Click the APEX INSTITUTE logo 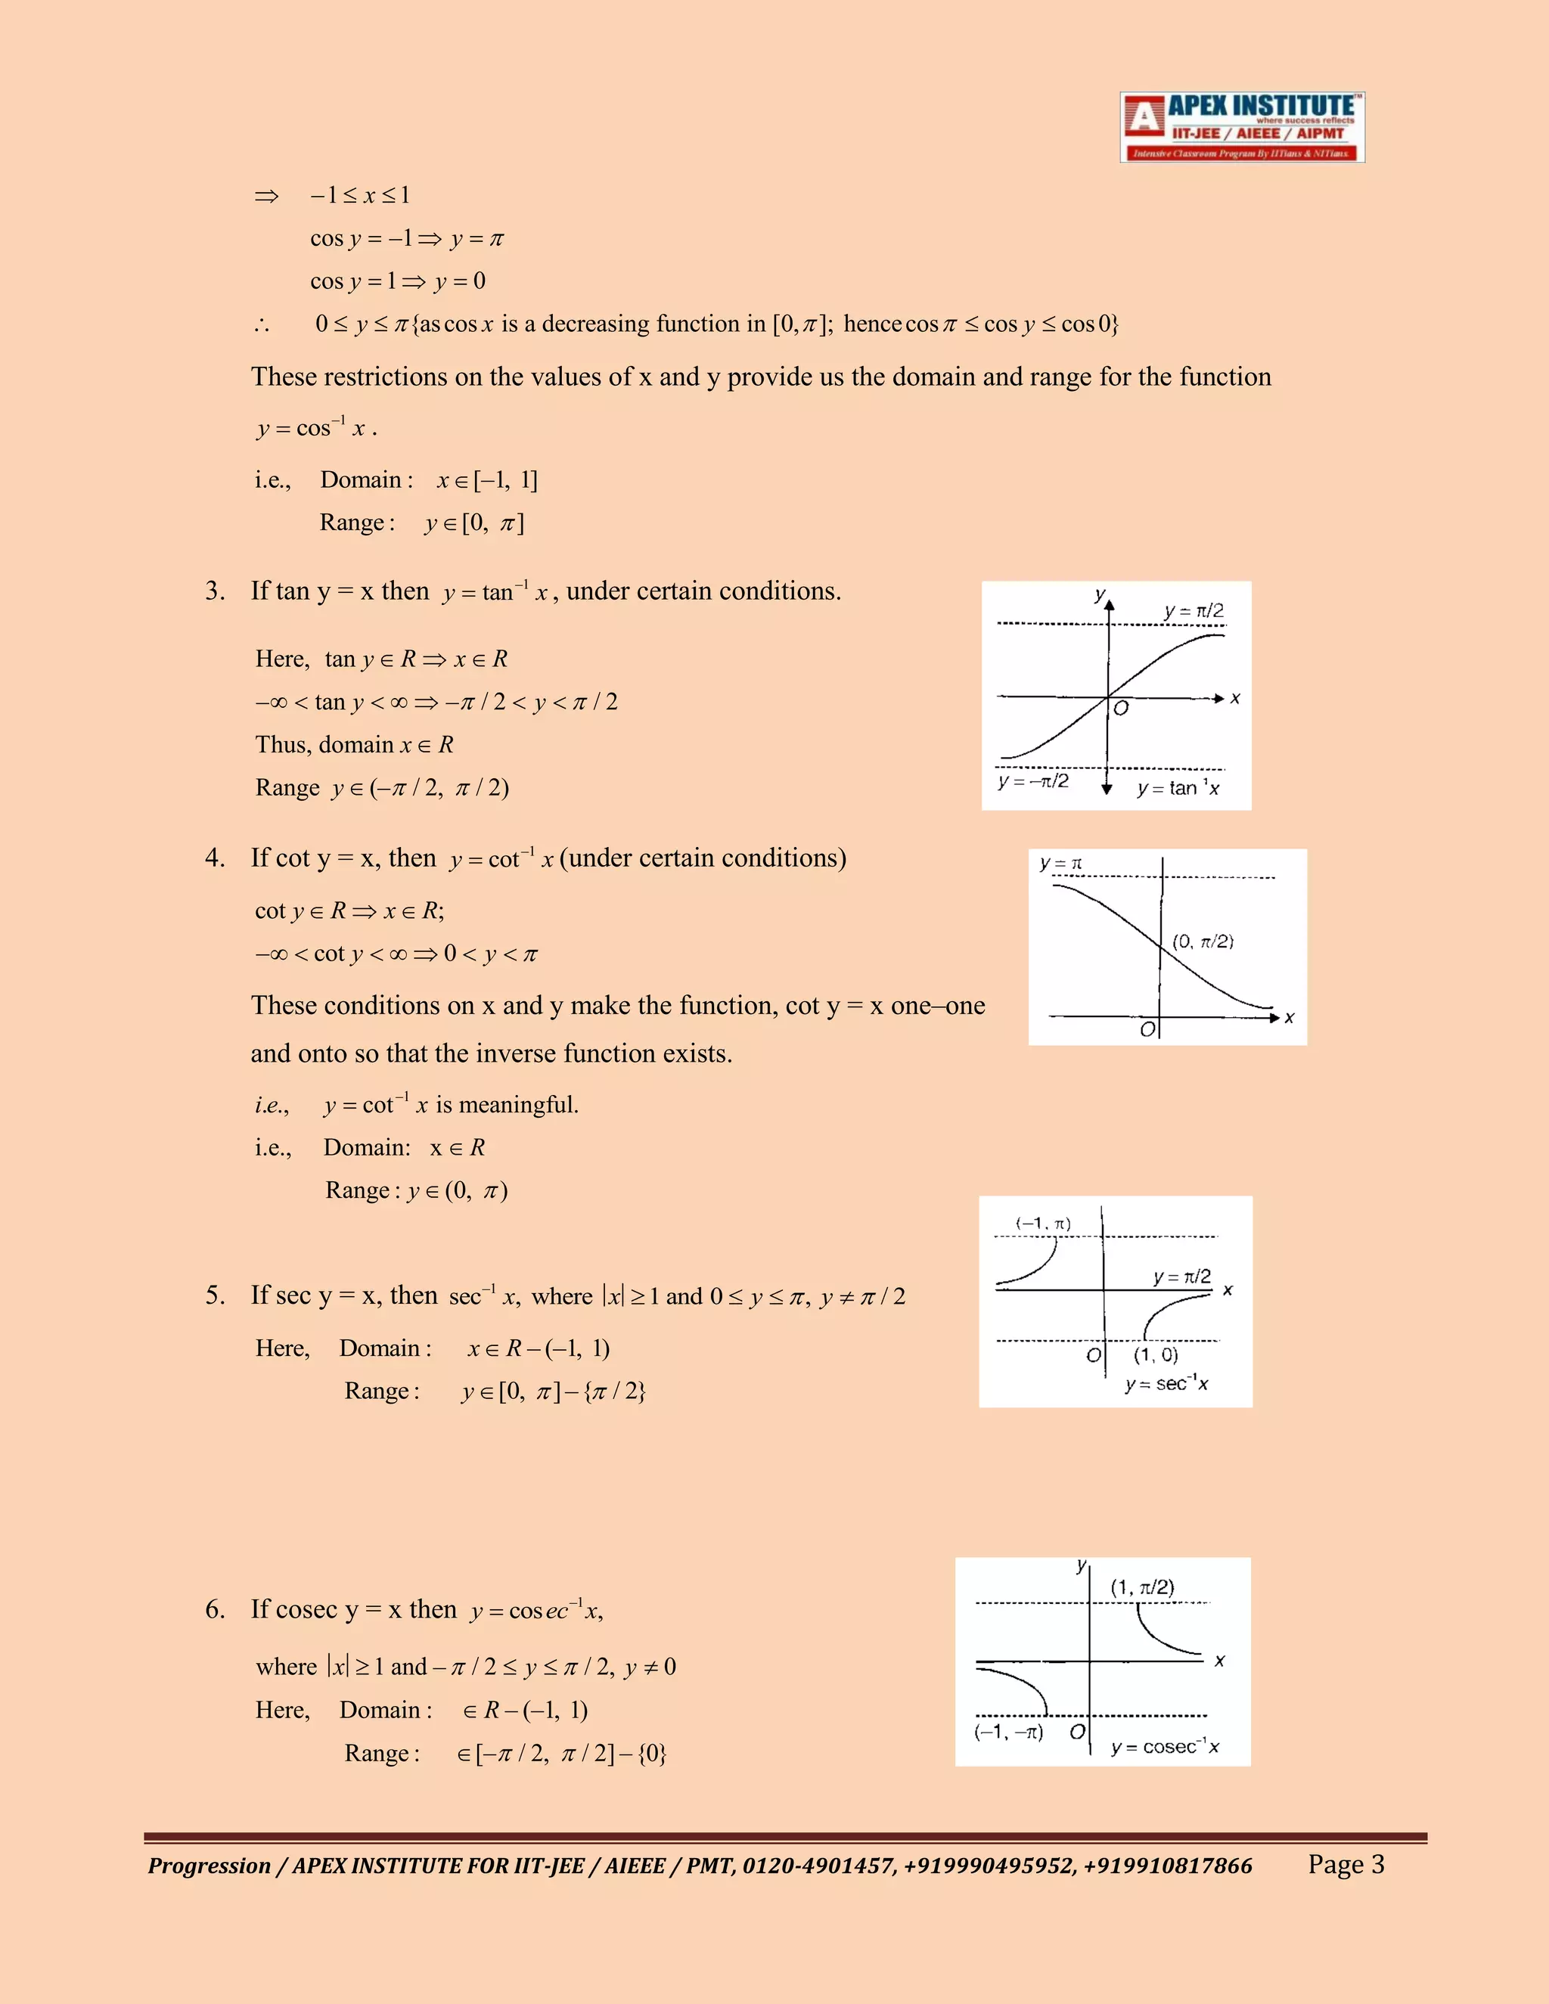point(1242,128)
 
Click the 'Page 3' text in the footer point(1346,1865)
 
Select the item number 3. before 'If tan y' point(215,591)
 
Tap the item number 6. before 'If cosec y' point(215,1609)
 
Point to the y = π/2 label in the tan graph point(1193,611)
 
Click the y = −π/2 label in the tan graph point(1033,781)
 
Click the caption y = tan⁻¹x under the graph point(1178,788)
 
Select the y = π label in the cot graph point(1061,864)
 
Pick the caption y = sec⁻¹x point(1166,1383)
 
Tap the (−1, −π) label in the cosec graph point(1008,1733)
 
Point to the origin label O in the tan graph point(1120,709)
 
